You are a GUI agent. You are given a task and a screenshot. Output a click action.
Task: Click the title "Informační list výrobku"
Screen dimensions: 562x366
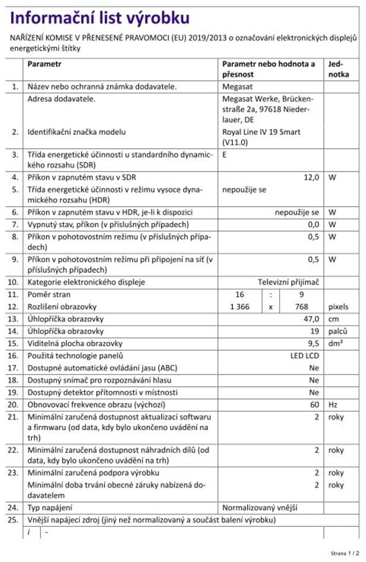pos(100,17)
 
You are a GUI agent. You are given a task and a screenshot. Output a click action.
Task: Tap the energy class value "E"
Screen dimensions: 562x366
pos(225,154)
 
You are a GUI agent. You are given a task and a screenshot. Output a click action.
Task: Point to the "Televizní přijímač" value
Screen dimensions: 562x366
pos(288,282)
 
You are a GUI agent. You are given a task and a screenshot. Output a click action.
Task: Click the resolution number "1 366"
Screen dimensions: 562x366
pos(239,307)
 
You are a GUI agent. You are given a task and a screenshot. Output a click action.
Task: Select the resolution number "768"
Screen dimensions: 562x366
pos(303,307)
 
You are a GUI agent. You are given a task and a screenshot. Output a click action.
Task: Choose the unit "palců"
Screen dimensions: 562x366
pos(337,331)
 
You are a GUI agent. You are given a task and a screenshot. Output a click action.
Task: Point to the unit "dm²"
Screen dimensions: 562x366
pos(335,344)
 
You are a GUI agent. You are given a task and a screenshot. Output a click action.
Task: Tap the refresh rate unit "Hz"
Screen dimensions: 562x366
pos(333,404)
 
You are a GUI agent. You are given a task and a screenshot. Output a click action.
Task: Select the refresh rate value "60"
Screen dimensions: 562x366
pos(314,404)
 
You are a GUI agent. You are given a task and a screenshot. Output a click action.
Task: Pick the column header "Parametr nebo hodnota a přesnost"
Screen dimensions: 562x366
pos(269,68)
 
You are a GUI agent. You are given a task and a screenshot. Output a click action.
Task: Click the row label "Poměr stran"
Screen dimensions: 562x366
pos(49,295)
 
